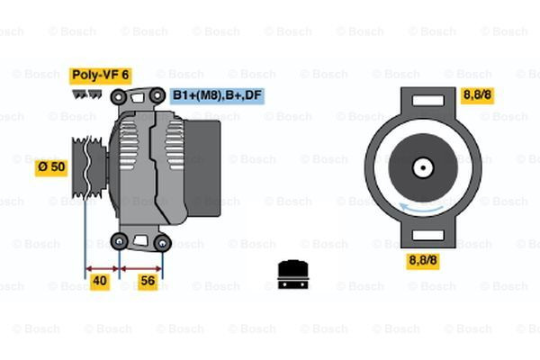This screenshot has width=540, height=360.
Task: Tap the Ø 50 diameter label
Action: [50, 166]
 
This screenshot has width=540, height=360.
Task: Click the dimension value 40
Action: [100, 281]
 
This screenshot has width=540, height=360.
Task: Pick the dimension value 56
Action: [148, 281]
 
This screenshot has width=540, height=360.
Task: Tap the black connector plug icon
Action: [292, 274]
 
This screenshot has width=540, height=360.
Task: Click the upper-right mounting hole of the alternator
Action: [157, 94]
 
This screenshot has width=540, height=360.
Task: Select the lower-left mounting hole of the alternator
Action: [120, 240]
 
